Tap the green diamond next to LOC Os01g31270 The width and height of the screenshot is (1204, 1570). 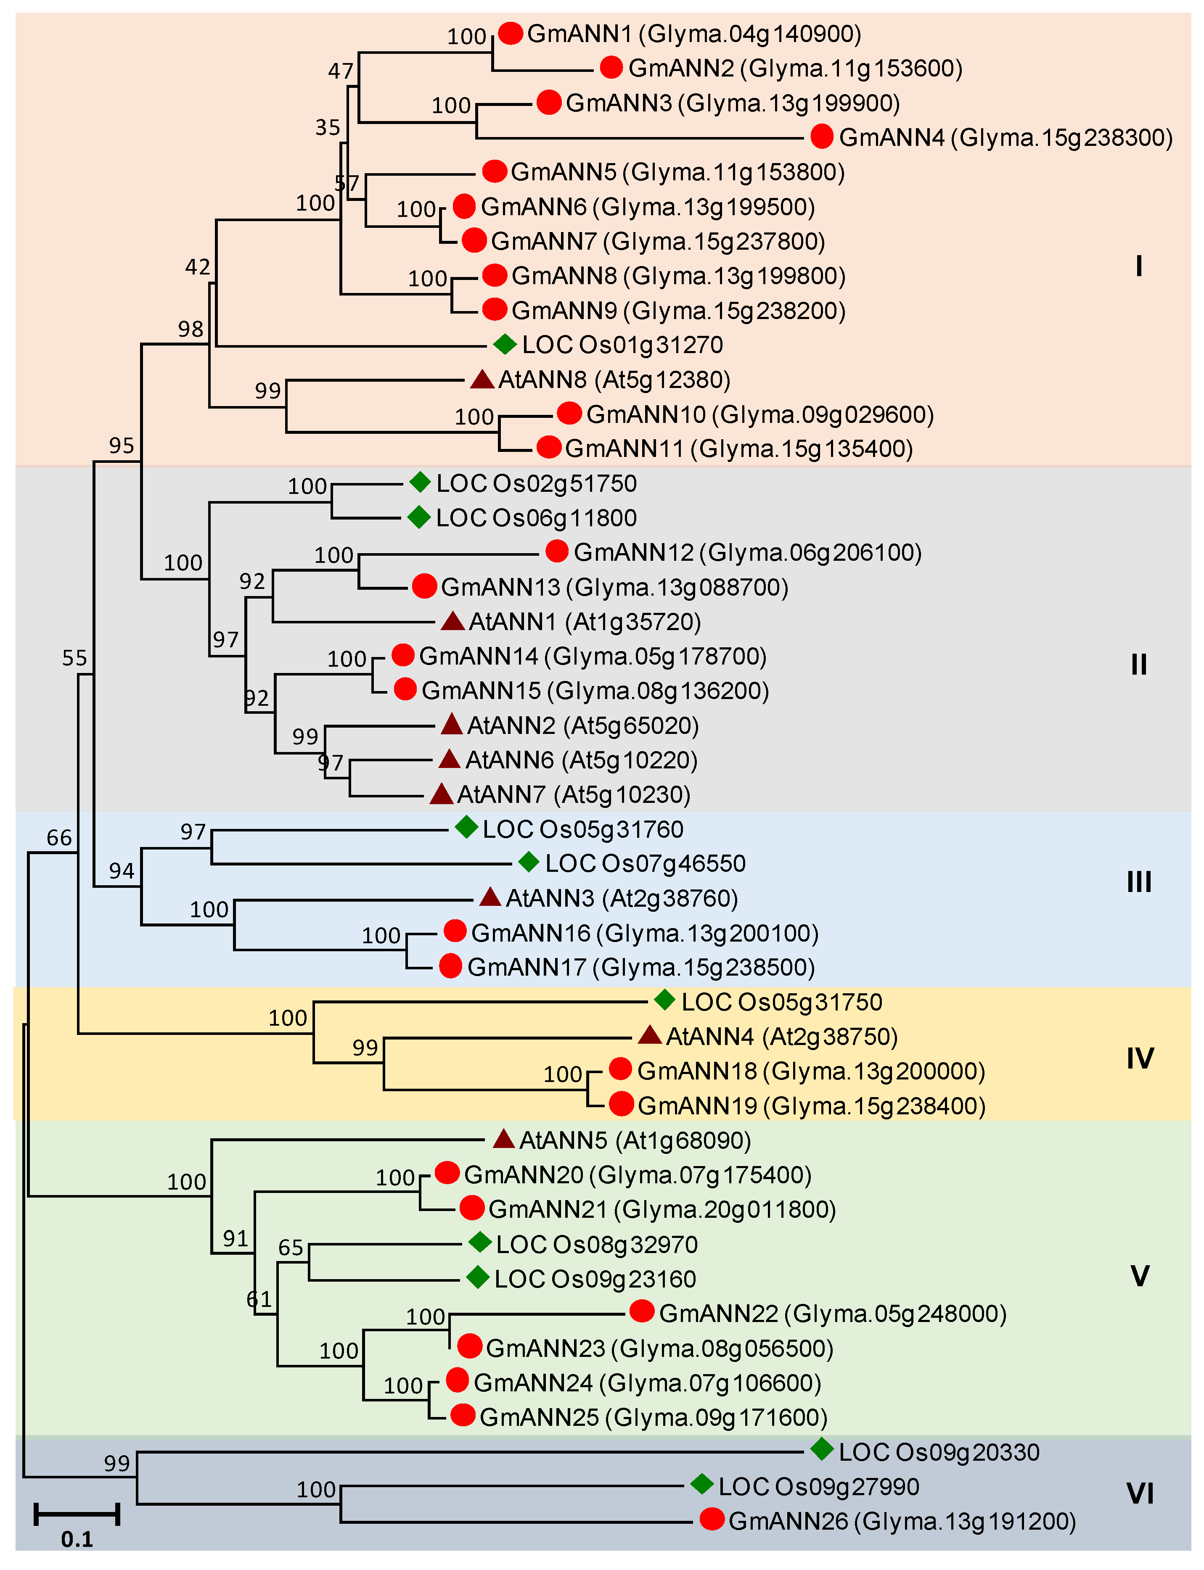coord(505,345)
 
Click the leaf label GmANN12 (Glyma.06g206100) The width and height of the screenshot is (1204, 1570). coord(747,552)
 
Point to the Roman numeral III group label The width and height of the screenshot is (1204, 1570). coord(1139,882)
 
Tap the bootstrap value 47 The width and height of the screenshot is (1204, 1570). coord(341,71)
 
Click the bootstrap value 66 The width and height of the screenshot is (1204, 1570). coord(59,837)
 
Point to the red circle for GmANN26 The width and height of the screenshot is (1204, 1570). coord(712,1519)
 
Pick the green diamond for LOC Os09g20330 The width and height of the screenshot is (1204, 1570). coord(822,1450)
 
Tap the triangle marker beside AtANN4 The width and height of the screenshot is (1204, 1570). coord(649,1035)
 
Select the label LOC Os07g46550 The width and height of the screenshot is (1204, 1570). coord(645,863)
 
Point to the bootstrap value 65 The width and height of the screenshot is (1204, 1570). coord(291,1247)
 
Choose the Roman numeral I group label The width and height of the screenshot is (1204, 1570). coord(1139,267)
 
